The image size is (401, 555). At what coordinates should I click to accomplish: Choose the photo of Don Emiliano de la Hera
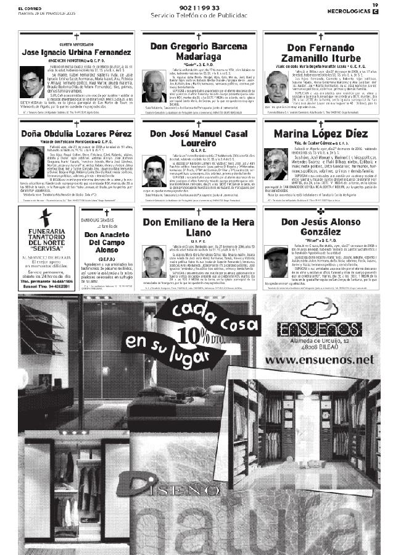154,261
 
